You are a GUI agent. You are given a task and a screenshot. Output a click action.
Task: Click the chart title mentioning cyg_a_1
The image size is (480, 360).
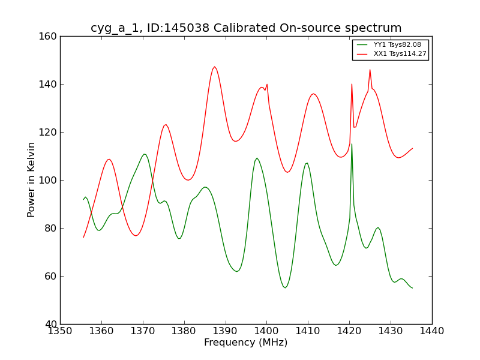point(246,28)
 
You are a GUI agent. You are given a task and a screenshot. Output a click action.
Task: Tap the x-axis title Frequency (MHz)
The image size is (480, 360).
point(246,343)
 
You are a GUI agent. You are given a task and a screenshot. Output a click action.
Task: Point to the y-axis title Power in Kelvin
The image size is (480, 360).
point(31,180)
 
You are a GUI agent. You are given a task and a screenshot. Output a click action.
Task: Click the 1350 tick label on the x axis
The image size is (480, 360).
point(60,331)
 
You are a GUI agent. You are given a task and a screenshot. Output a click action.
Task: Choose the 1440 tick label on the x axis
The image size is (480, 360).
point(432,331)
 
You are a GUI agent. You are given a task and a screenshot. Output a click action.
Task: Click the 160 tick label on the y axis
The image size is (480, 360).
point(49,36)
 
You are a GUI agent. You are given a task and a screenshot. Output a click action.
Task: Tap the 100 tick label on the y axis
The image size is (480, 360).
point(49,180)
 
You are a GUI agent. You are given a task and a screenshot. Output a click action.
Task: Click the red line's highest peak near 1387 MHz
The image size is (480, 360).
point(214,67)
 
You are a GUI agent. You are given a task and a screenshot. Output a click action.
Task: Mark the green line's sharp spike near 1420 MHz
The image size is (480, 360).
point(352,144)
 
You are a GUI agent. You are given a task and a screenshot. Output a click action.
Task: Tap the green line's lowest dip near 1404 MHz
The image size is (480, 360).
point(285,288)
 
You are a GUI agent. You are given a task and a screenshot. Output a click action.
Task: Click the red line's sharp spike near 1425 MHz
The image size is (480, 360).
point(370,70)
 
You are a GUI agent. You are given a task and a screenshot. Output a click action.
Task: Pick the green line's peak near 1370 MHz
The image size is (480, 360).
point(145,154)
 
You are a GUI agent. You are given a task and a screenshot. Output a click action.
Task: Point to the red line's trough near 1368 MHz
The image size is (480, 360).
point(136,235)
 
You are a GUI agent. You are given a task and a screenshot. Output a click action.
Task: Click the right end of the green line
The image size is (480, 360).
point(412,288)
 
